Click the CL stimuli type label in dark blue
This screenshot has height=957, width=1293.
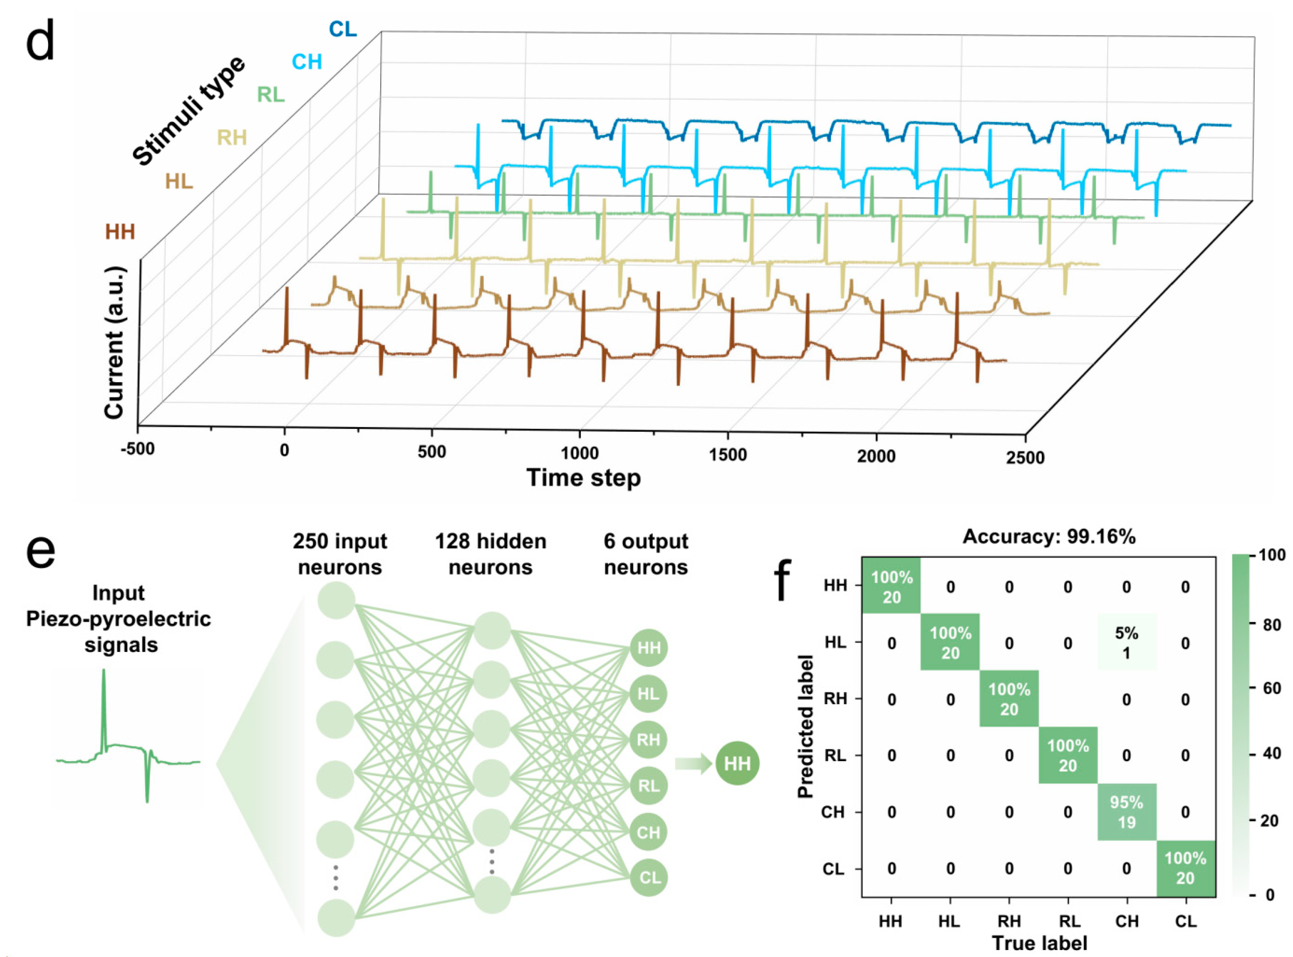(342, 29)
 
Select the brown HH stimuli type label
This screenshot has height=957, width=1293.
(120, 232)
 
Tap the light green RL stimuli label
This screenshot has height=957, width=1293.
(271, 94)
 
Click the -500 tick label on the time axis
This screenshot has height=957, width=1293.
(138, 449)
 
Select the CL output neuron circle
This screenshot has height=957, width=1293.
(649, 878)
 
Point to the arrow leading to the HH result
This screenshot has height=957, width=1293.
(693, 763)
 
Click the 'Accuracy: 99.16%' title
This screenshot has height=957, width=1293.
(1049, 537)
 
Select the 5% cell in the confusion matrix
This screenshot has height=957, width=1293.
(1126, 642)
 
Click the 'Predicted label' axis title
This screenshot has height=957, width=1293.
(806, 727)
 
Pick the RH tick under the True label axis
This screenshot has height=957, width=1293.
(1009, 921)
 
